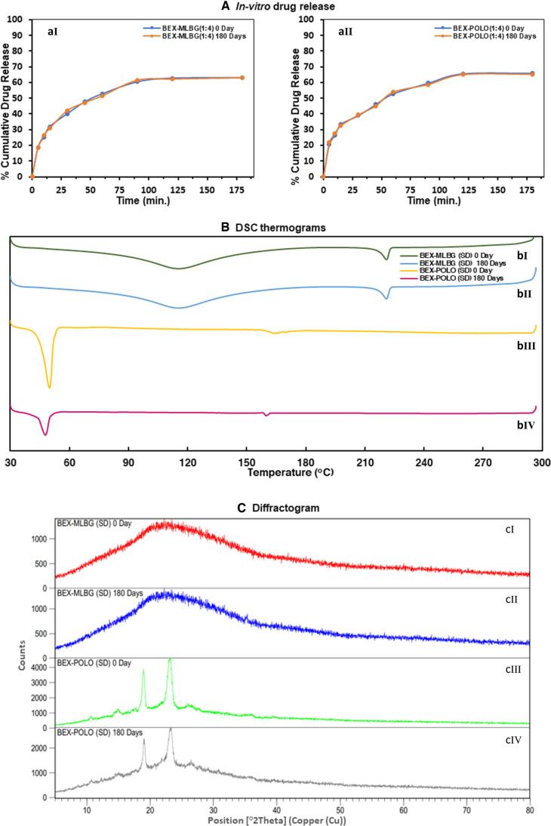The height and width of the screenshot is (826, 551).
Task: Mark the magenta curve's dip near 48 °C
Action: tap(45, 434)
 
